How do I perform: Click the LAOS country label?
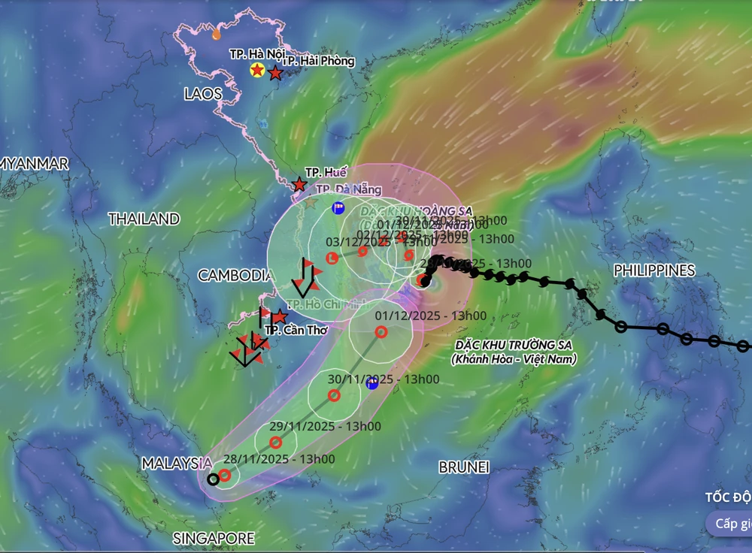(202, 94)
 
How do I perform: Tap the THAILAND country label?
(144, 219)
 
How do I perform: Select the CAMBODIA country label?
(234, 276)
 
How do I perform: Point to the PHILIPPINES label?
(654, 270)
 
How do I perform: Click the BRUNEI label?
(464, 467)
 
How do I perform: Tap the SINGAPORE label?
(214, 539)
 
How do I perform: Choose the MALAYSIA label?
(177, 464)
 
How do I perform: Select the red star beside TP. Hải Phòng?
(275, 74)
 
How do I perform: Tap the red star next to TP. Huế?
(299, 184)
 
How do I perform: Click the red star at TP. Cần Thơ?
(280, 317)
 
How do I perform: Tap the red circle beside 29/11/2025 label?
(276, 443)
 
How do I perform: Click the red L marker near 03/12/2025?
(334, 259)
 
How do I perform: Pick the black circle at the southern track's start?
(213, 479)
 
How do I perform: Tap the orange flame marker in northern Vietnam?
(217, 33)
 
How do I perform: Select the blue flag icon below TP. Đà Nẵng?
(338, 207)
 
